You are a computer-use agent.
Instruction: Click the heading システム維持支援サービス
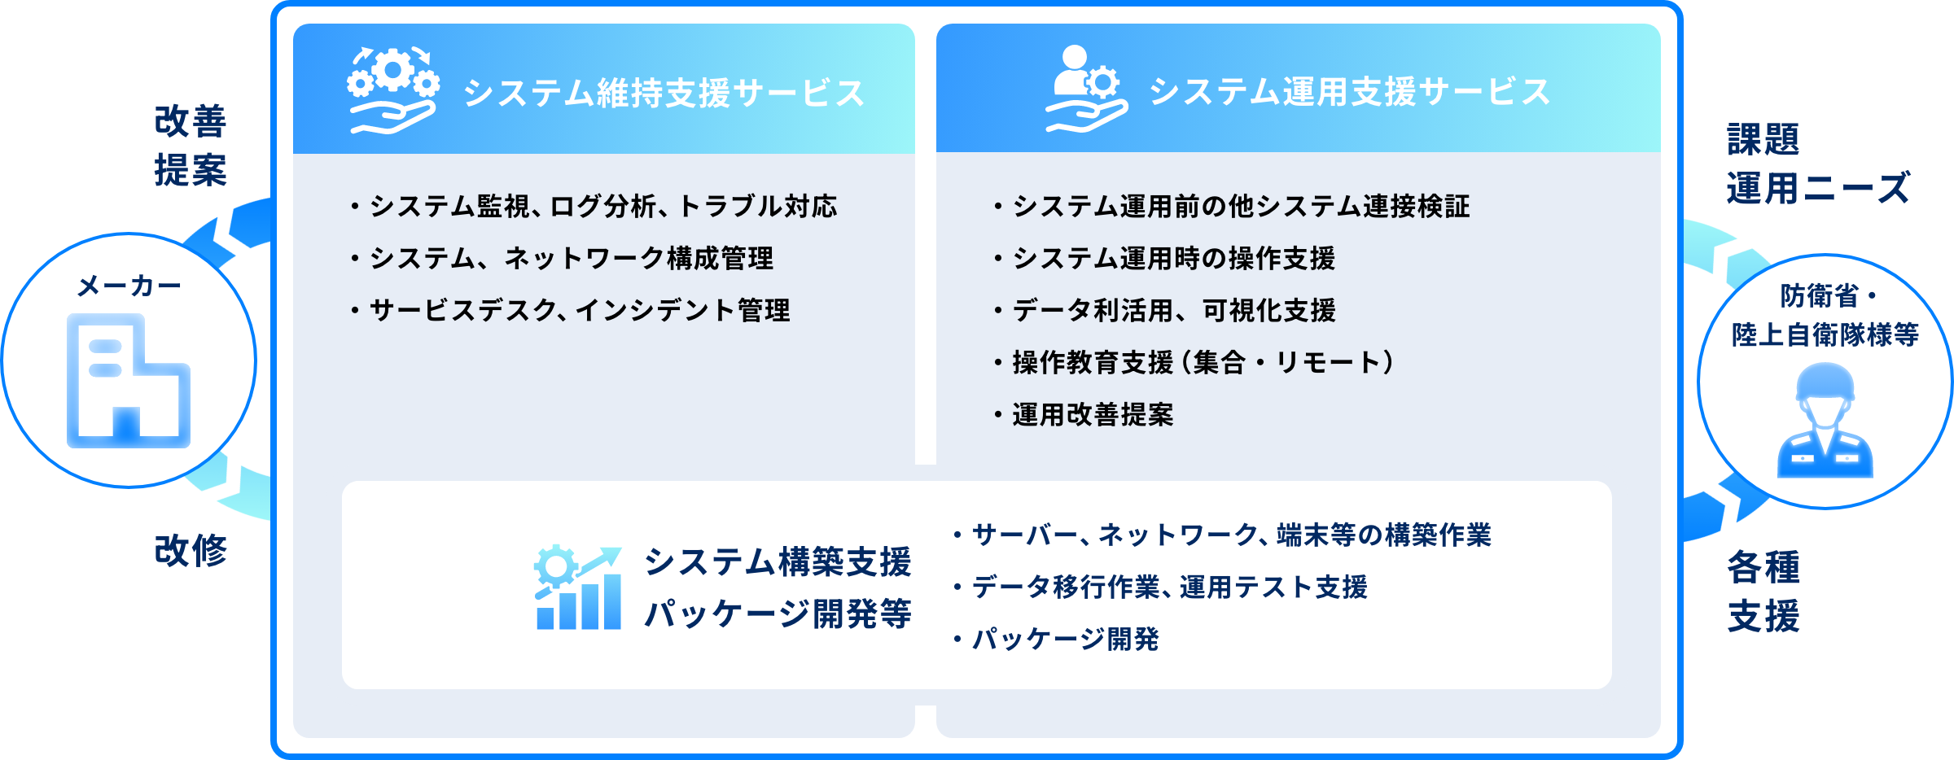(x=664, y=93)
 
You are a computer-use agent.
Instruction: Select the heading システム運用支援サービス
(x=1349, y=91)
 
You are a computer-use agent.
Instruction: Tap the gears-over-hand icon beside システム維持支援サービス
(x=393, y=90)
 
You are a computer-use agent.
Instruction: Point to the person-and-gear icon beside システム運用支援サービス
(x=1086, y=89)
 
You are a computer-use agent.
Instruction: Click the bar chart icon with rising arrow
(x=578, y=587)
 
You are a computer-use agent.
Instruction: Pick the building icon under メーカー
(x=129, y=381)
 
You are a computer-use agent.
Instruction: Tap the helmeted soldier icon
(x=1825, y=421)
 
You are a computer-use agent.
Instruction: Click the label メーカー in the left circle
(x=129, y=286)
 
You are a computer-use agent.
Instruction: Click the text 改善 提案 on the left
(x=191, y=146)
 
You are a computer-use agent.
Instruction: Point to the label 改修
(x=191, y=550)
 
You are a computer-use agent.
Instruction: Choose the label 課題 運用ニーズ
(x=1817, y=164)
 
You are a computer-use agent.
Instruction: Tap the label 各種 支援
(x=1763, y=592)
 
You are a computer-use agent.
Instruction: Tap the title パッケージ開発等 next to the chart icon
(x=778, y=614)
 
